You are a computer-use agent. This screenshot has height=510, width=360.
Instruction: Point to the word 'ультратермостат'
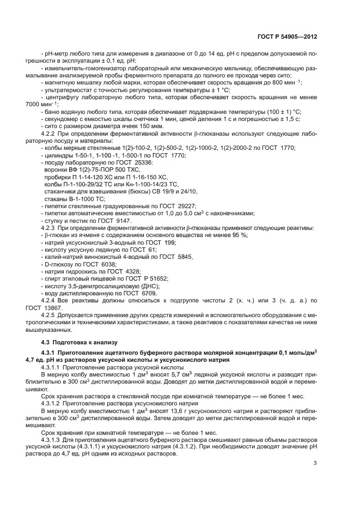coord(66,89)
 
